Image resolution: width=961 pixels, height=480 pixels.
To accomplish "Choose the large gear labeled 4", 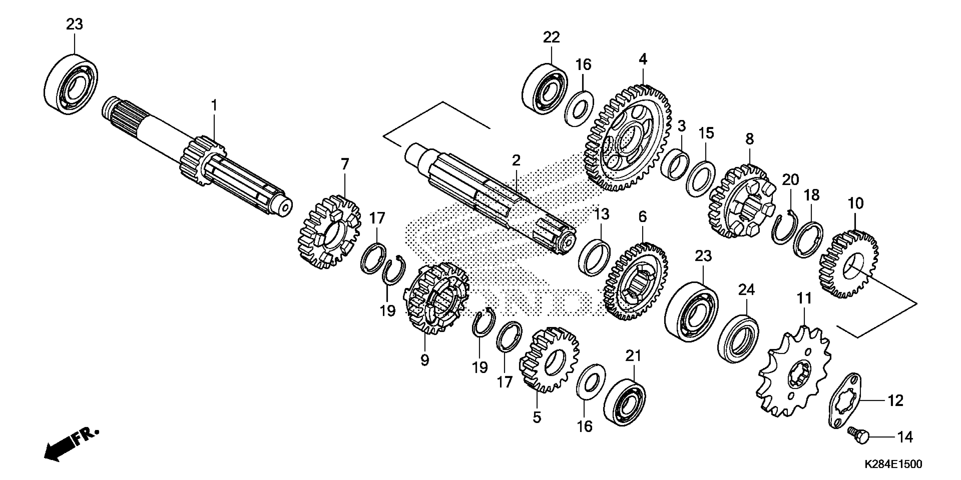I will tap(627, 138).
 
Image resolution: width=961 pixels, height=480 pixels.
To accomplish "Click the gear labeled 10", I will tap(849, 265).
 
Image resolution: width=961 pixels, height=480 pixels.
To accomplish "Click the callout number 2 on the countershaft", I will tap(516, 161).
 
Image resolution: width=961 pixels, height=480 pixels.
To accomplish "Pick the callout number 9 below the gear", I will tap(425, 360).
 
